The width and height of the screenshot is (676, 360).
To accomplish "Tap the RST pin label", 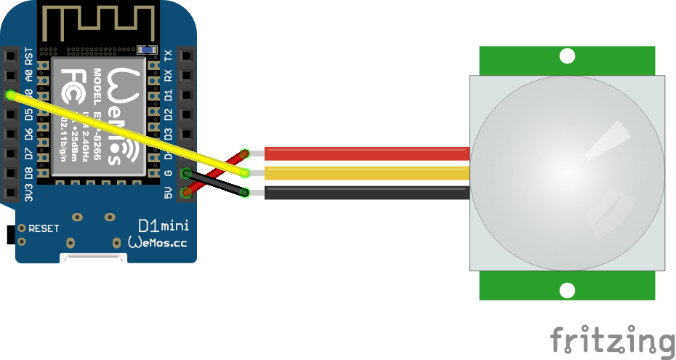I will click(28, 55).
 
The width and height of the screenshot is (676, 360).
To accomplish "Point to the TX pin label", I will click(169, 55).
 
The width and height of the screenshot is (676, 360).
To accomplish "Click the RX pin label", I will click(169, 75).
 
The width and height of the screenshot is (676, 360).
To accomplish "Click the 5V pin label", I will click(169, 193).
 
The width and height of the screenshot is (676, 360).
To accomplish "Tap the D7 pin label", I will click(28, 154).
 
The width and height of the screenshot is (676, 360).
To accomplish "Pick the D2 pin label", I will click(169, 114).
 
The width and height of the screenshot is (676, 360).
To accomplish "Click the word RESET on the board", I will click(44, 228).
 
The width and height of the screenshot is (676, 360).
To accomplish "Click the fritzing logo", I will click(612, 341).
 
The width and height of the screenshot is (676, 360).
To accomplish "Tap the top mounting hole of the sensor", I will click(567, 56).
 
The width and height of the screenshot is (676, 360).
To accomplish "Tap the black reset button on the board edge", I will click(10, 235).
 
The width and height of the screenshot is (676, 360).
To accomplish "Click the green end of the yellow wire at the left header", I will click(10, 95).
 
